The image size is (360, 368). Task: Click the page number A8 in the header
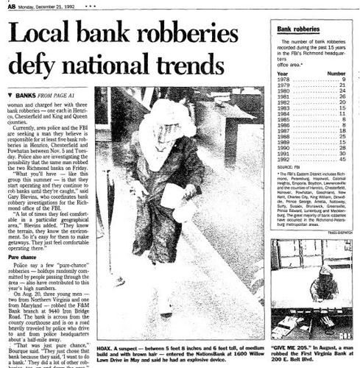point(7,5)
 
